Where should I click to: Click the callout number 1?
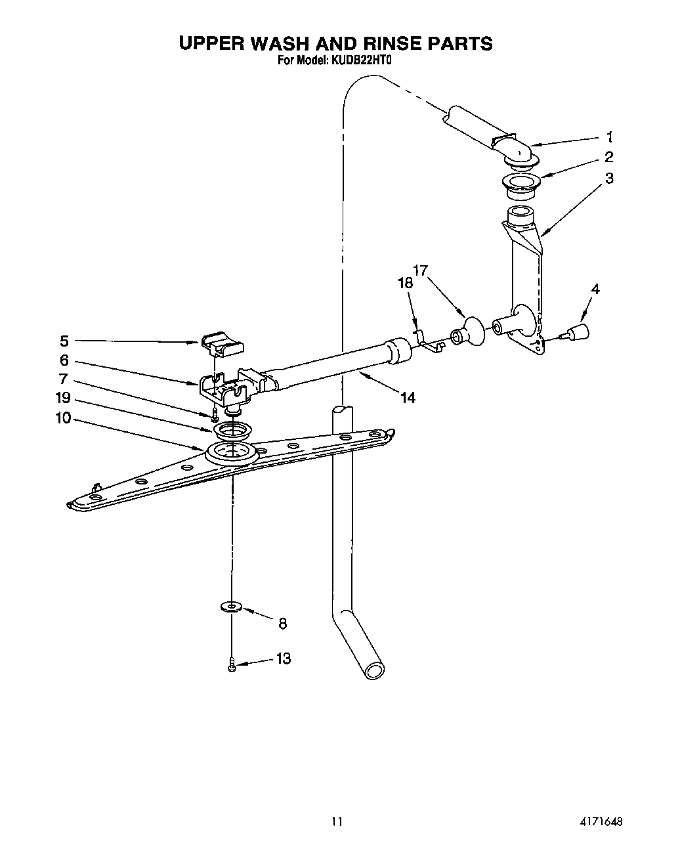(x=610, y=137)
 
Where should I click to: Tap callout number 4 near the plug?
(x=595, y=289)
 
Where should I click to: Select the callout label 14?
(x=408, y=397)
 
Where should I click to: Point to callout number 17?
(x=420, y=269)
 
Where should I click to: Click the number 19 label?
(x=63, y=398)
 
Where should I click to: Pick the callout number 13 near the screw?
(x=283, y=658)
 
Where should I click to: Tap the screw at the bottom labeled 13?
(x=232, y=666)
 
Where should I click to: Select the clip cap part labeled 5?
(x=223, y=343)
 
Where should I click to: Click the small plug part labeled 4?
(x=579, y=332)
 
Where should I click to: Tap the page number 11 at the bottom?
(x=337, y=821)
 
